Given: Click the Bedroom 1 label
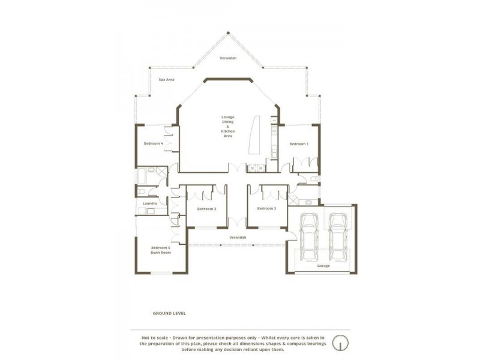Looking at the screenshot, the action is tap(299, 144).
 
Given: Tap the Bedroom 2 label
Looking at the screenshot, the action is tap(266, 208).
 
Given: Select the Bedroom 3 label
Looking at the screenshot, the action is tap(206, 209).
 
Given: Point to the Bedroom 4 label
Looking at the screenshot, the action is tap(154, 143).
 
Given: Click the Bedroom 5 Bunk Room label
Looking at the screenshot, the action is tap(161, 250).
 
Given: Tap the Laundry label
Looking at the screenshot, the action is tap(150, 203).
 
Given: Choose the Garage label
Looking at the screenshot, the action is tap(323, 266).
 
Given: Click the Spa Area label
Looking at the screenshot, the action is tap(167, 80).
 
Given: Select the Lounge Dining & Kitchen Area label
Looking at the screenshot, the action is tap(228, 127).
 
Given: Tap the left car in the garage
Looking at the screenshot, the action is tap(309, 236).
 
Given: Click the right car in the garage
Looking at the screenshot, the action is tap(337, 236).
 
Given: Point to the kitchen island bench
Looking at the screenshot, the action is tap(254, 134).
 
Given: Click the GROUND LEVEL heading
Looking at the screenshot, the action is tap(169, 313).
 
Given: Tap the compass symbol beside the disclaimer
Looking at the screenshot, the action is tap(340, 342).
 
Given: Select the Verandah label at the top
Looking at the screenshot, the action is tap(228, 58).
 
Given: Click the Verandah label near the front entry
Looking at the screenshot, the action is tap(238, 237).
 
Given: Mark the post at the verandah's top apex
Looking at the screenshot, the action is tap(228, 32).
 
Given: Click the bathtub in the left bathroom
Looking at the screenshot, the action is tap(141, 176).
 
